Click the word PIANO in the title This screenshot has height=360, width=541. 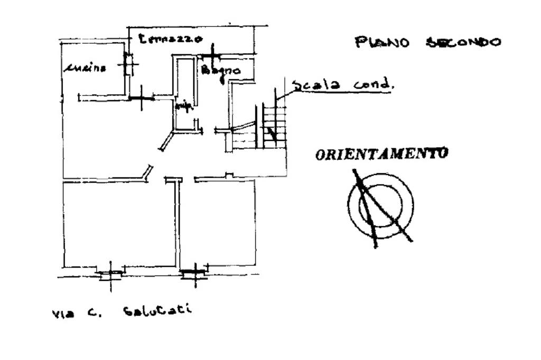click(382, 42)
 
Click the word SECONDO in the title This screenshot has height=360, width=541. click(463, 42)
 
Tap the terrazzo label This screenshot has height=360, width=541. click(170, 39)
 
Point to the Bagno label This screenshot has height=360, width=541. click(220, 70)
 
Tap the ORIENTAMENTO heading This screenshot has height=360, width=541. click(381, 154)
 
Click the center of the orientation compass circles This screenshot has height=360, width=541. click(380, 205)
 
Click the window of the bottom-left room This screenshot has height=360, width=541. click(110, 273)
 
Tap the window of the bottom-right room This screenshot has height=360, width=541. click(194, 272)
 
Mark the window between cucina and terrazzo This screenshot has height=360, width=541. click(127, 65)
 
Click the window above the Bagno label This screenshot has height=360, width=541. click(211, 55)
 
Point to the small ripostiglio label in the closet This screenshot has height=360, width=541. click(183, 106)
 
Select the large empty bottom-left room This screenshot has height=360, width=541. click(119, 224)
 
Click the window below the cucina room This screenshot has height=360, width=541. click(141, 98)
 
